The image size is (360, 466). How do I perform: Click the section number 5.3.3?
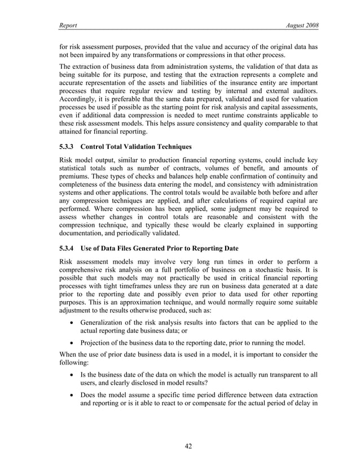[x=69, y=147]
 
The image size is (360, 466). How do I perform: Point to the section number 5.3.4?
[x=69, y=248]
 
